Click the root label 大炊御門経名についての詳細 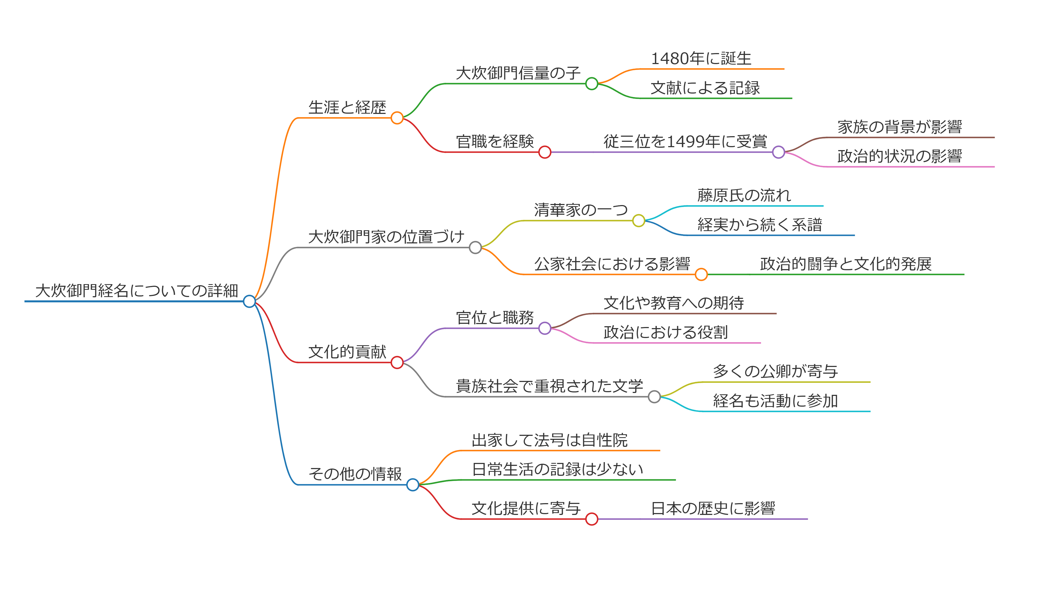[x=137, y=291]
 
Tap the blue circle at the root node [x=249, y=302]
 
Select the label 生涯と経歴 [x=347, y=108]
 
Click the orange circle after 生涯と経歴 [x=397, y=118]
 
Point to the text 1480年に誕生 [x=701, y=59]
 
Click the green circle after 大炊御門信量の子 [x=591, y=84]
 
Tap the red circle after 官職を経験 [x=545, y=152]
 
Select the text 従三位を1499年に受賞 [x=685, y=142]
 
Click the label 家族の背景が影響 [x=900, y=127]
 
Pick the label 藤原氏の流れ [x=744, y=195]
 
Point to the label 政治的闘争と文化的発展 [x=846, y=264]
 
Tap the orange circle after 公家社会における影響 [x=701, y=274]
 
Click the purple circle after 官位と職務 [x=545, y=328]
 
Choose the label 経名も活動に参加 [x=775, y=401]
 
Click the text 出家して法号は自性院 [x=549, y=440]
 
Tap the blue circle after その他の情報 [x=413, y=485]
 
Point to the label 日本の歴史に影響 [x=713, y=508]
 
